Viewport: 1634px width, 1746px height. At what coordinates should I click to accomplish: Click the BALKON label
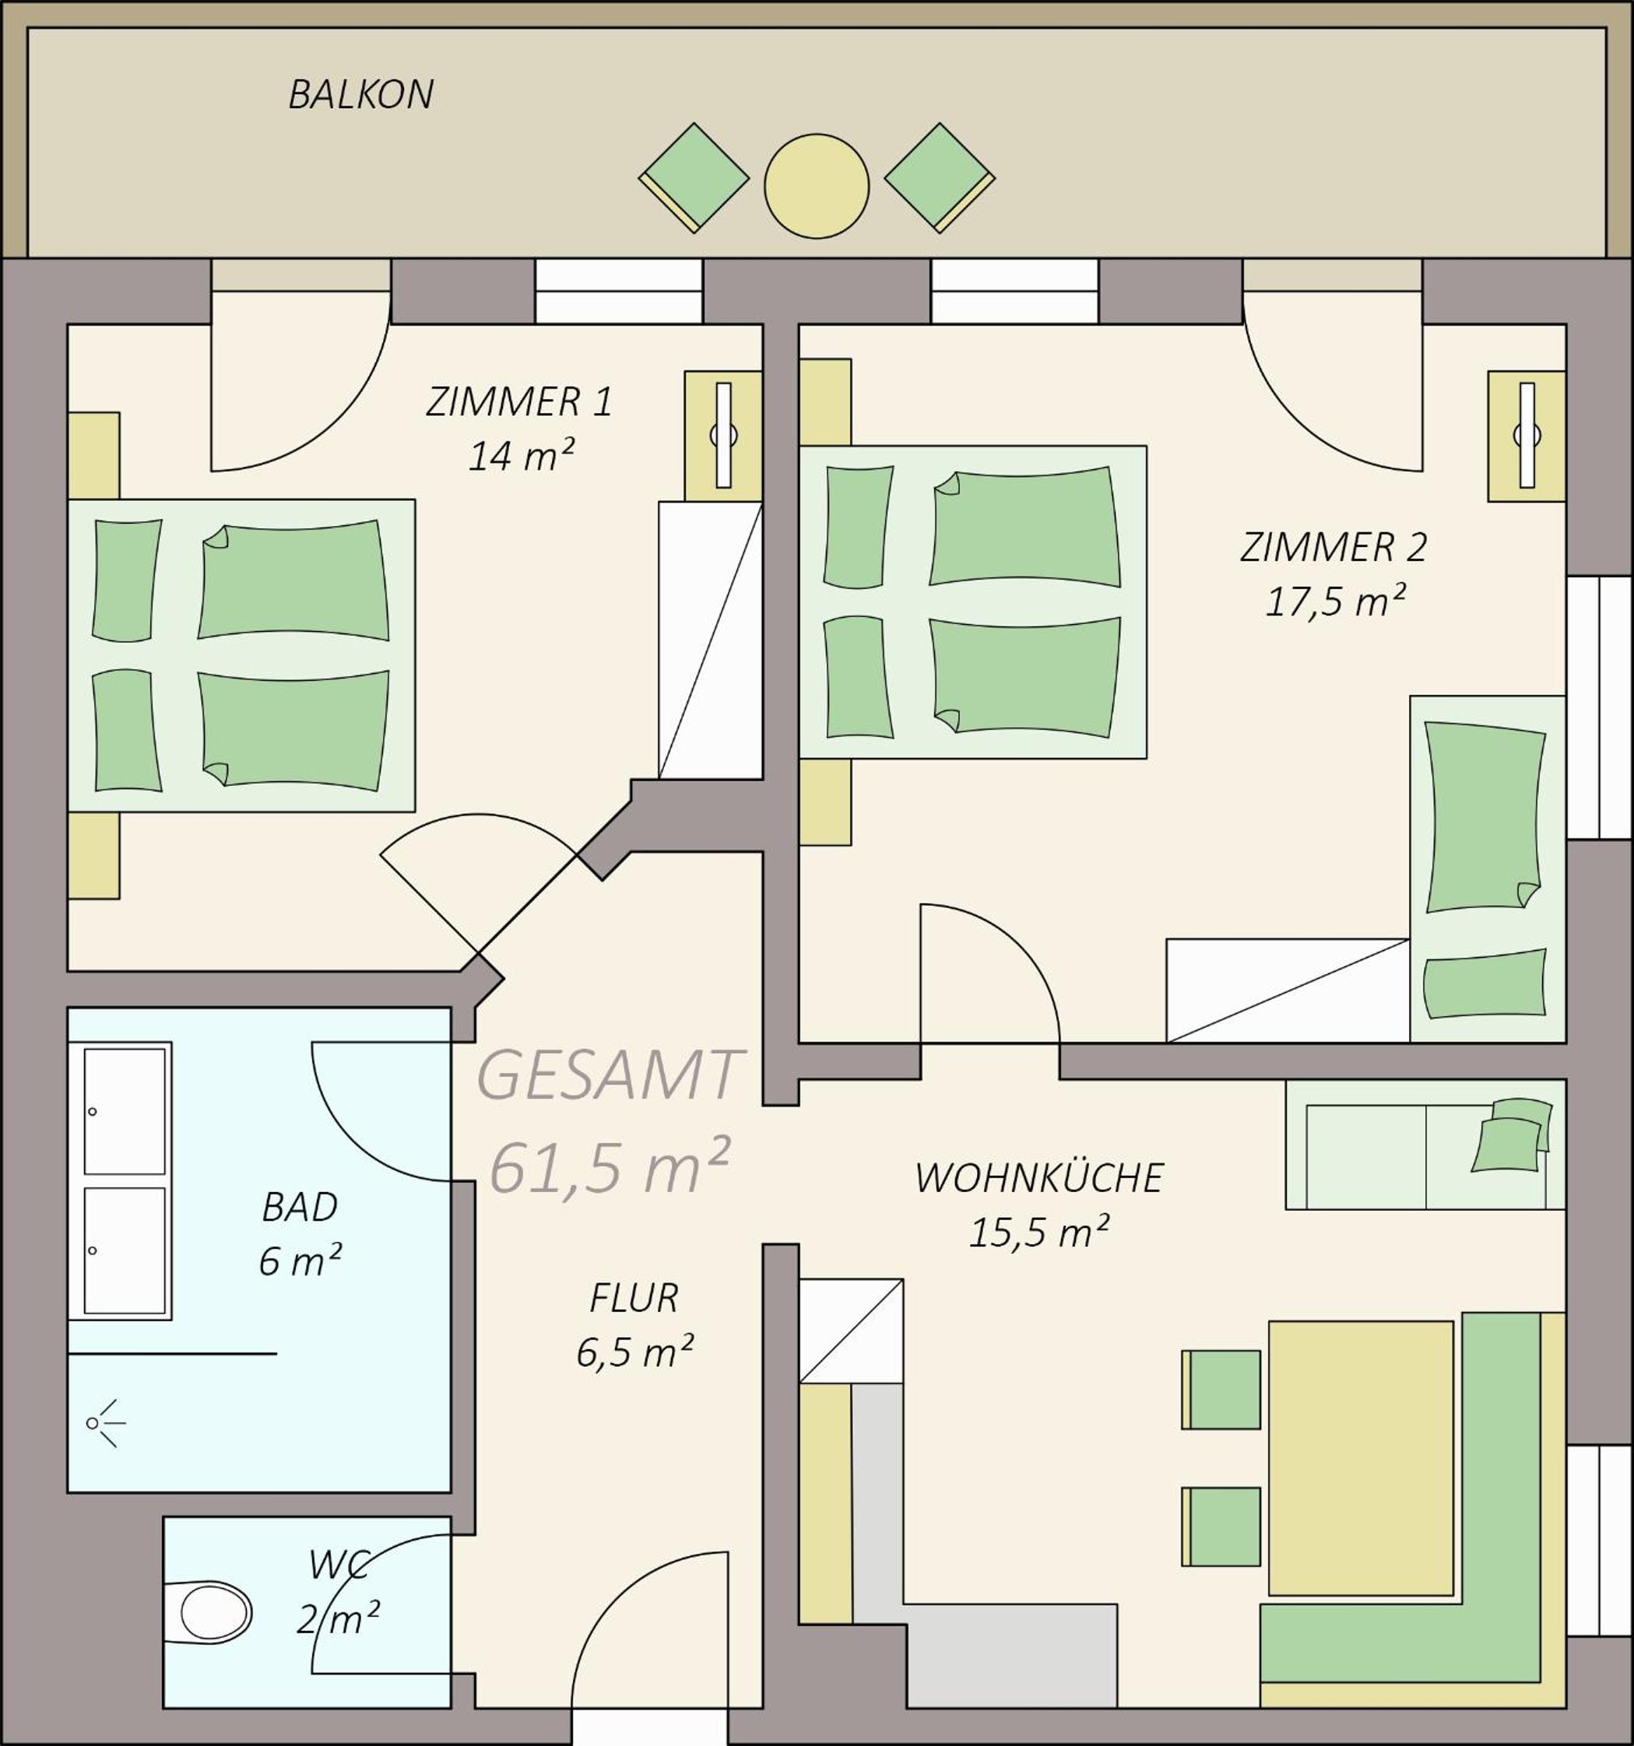point(361,95)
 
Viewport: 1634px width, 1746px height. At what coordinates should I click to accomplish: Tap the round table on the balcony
point(816,186)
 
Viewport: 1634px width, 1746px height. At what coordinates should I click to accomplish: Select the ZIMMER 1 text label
point(518,401)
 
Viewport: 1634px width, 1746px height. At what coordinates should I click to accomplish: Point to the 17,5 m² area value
point(1334,601)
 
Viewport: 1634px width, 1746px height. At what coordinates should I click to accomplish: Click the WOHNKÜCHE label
point(1039,1178)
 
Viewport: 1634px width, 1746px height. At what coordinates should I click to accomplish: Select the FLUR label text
point(634,1298)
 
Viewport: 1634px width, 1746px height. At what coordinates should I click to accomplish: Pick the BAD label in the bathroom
point(300,1208)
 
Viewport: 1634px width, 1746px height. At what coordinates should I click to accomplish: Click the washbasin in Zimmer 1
point(723,436)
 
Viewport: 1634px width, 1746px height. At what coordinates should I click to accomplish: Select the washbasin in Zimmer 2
point(1526,436)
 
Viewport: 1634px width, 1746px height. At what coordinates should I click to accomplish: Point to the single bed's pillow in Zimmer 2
point(1485,984)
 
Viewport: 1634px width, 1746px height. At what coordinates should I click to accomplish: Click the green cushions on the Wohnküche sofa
point(1511,1134)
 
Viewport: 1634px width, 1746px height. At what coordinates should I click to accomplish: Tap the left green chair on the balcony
point(694,178)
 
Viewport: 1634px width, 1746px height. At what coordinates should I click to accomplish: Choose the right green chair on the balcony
point(939,178)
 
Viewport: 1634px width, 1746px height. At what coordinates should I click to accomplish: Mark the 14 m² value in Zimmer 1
point(521,456)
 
